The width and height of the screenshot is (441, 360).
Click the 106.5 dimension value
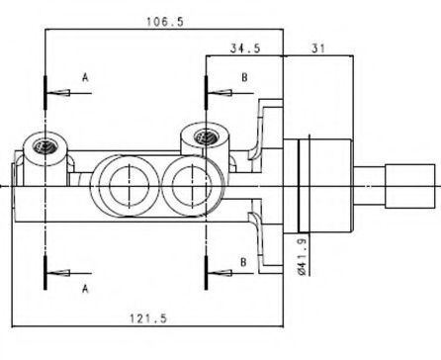tap(165, 22)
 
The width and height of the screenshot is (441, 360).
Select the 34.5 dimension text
tap(245, 48)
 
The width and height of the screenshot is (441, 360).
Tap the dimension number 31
tap(318, 48)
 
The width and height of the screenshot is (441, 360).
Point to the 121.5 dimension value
tap(148, 318)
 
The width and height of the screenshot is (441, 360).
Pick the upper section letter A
tap(85, 77)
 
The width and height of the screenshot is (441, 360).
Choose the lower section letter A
tap(85, 289)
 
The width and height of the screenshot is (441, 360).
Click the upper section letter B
tap(244, 77)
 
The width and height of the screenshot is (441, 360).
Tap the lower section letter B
tap(243, 262)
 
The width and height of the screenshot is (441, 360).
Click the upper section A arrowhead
tap(58, 93)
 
